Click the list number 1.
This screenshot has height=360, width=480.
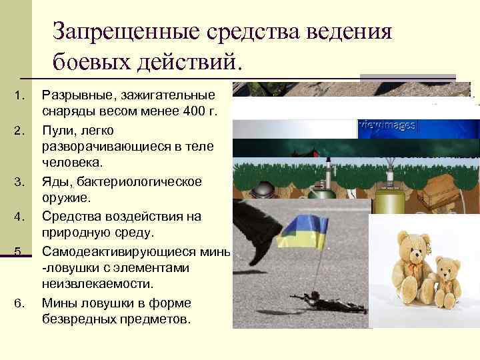click(x=21, y=94)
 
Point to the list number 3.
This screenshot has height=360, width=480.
click(x=21, y=181)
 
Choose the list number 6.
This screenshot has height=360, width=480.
click(x=21, y=303)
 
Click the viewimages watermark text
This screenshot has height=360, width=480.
click(x=387, y=125)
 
